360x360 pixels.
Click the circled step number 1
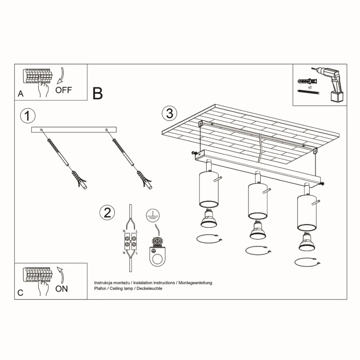coord(27,115)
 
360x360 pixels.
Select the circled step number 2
coord(107,212)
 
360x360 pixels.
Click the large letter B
coord(97,94)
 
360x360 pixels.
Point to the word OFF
coord(63,89)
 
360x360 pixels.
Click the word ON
coord(61,288)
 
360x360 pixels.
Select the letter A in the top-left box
coord(20,94)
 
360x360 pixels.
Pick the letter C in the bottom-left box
coord(20,293)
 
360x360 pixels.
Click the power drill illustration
coord(328,84)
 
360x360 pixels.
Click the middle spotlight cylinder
coord(257,201)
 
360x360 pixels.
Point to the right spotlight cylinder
coord(307,212)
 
